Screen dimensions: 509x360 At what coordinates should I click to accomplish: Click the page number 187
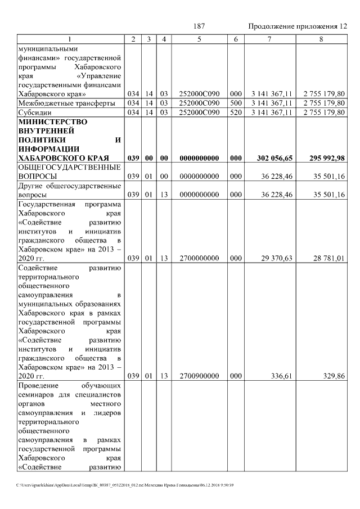(198, 27)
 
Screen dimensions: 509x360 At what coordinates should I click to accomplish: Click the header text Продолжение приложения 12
(298, 27)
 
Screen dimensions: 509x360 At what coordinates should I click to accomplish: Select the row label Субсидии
(35, 112)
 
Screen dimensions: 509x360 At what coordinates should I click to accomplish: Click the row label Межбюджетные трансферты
(66, 103)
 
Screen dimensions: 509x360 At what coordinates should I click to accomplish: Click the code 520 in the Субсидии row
(236, 112)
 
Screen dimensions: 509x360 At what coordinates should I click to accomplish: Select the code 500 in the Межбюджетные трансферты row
(236, 103)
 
